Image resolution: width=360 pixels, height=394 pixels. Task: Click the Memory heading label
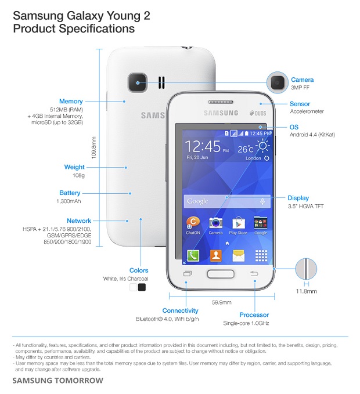(x=71, y=102)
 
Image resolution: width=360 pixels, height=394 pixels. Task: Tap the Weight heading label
(x=74, y=167)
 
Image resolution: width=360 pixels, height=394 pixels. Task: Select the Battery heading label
(x=70, y=193)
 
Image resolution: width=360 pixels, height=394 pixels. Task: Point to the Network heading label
(x=79, y=221)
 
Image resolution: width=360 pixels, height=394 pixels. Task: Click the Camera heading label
(x=302, y=80)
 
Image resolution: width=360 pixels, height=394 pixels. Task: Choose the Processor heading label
(x=254, y=315)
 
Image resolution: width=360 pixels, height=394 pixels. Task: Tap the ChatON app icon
(x=193, y=223)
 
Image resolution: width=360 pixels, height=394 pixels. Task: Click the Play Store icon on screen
(x=238, y=223)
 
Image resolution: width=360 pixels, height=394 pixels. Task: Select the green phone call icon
(x=193, y=255)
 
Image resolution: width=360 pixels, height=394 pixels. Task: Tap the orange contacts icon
(x=215, y=255)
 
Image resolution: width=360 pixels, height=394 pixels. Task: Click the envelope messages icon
(x=238, y=255)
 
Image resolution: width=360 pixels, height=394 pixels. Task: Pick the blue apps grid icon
(x=261, y=255)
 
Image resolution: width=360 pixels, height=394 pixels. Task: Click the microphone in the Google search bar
(x=262, y=201)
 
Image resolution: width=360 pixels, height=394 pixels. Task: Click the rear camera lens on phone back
(x=138, y=82)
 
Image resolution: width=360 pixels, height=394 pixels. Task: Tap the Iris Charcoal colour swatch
(x=142, y=287)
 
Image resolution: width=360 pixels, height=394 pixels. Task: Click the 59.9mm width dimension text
(x=222, y=302)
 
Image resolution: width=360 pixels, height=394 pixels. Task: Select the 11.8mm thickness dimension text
(x=306, y=291)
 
